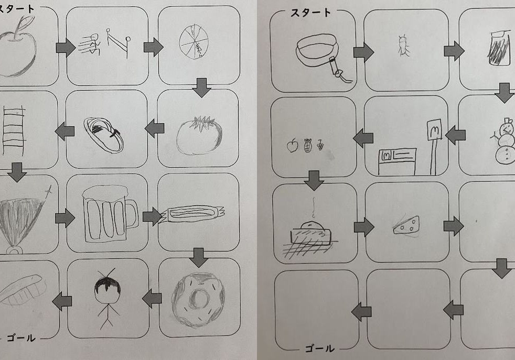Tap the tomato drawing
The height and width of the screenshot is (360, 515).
coord(199,135)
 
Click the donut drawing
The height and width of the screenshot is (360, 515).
coord(198,300)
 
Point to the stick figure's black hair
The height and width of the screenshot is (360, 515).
coord(107,285)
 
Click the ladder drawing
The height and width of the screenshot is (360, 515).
coord(14,130)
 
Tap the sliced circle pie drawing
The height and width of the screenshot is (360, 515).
coord(194,42)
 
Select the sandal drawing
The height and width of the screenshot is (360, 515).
coord(104,135)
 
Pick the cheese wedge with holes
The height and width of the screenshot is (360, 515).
coord(406,225)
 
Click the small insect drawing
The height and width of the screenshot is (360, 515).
coord(403,46)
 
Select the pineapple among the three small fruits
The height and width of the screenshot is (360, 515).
coord(307,145)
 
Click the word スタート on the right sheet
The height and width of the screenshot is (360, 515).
coord(310,13)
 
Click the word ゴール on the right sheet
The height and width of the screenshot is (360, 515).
coord(319,348)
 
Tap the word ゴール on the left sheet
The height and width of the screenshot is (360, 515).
coord(21,337)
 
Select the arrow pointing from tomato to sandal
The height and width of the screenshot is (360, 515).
coord(154,128)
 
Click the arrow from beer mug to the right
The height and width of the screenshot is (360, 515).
coord(153,216)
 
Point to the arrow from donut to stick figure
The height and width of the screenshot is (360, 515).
coord(152,298)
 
